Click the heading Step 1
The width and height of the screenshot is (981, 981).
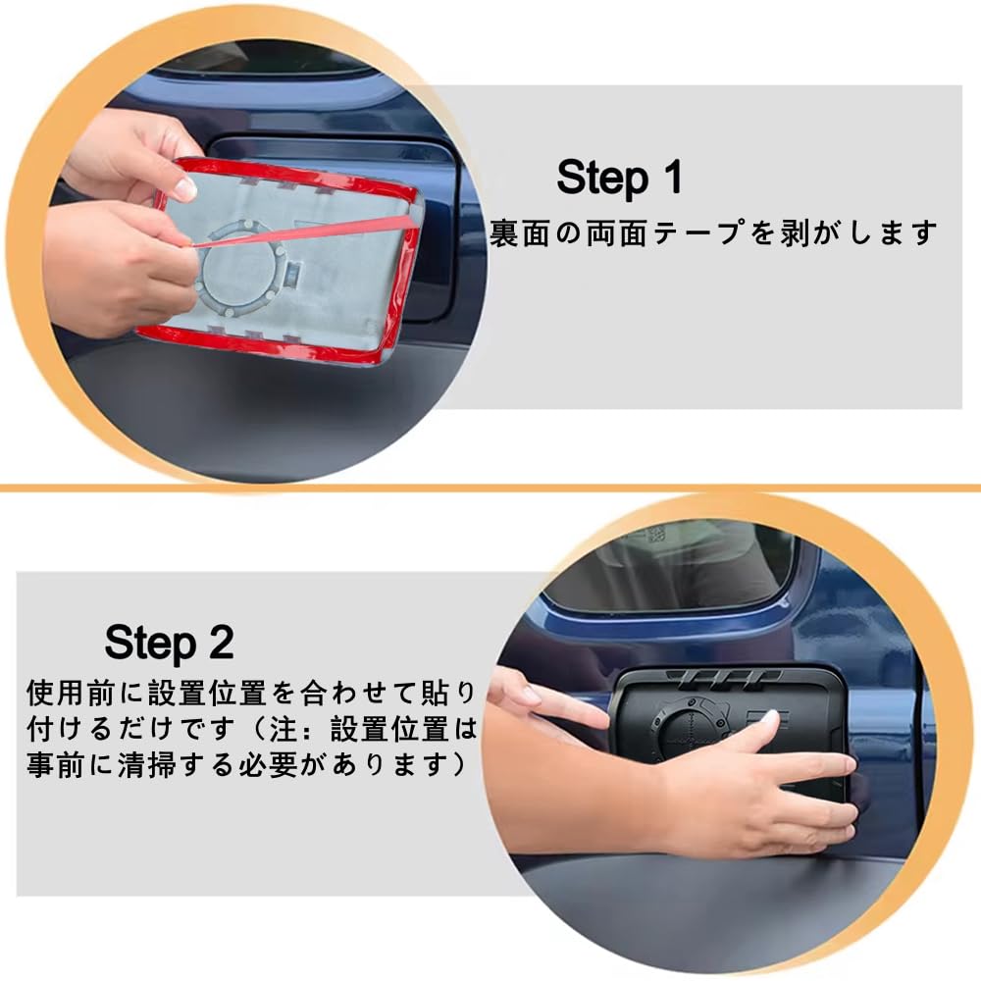(618, 179)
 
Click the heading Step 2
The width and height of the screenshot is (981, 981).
(169, 643)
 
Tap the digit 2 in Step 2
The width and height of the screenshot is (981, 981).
(220, 643)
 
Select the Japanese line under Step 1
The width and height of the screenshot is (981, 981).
(714, 233)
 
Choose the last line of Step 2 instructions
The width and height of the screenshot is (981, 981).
(245, 765)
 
